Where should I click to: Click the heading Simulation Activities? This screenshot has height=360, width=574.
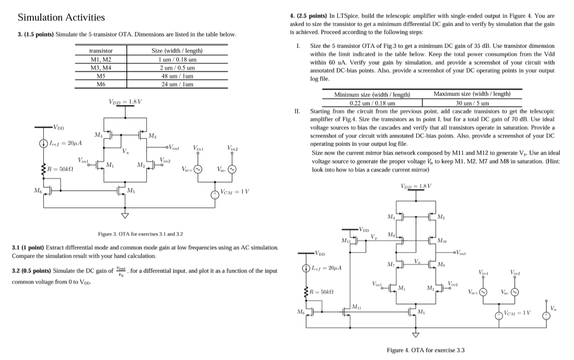coord(61,18)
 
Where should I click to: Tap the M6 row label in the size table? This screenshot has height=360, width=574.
coord(101,84)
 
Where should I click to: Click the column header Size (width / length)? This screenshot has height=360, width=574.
coord(177,51)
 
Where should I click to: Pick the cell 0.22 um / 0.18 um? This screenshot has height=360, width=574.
coord(372,103)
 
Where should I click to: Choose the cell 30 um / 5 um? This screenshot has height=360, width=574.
coord(472,103)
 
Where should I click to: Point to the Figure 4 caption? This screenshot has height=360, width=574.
coord(426,350)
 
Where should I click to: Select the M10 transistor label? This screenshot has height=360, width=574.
coord(442,241)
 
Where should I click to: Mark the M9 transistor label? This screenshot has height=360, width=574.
coord(391,235)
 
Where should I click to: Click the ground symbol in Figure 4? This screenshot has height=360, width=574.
coord(416,334)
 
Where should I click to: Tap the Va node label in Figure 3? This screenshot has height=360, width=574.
coord(125,151)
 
